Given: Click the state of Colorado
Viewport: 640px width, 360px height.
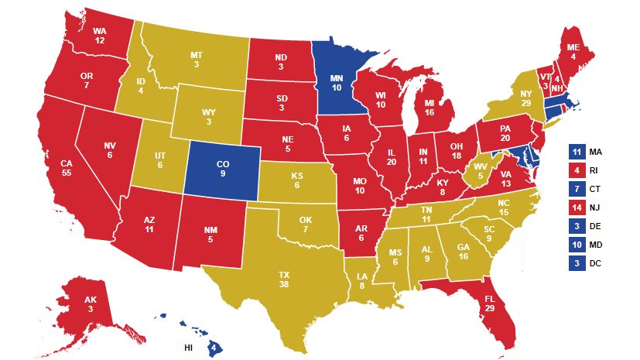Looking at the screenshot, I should point(223,169).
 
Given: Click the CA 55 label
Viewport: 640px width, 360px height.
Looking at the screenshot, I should point(66,169).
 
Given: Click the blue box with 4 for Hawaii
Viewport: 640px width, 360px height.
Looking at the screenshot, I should point(212,348).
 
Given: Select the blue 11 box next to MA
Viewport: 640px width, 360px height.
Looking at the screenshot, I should point(576,152).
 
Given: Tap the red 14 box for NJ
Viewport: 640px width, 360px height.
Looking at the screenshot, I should point(576,207).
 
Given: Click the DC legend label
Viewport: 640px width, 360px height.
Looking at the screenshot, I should point(596,263).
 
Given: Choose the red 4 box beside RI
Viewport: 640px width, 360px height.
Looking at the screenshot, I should point(576,170).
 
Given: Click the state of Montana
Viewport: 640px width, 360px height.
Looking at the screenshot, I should point(197,60).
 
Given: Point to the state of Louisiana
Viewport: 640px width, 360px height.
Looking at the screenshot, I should point(362,280).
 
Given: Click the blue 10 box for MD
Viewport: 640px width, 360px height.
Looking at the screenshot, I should point(576,245).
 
